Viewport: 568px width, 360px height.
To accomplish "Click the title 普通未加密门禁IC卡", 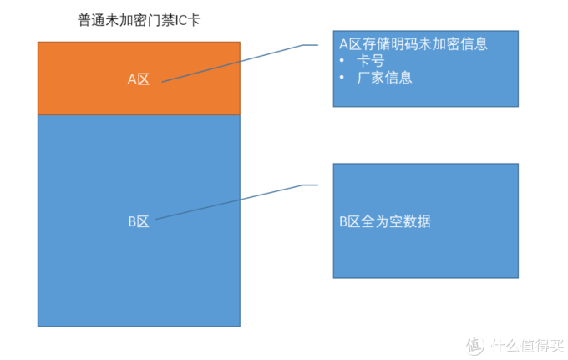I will pyautogui.click(x=133, y=20).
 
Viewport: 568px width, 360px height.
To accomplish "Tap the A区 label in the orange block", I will pyautogui.click(x=138, y=79).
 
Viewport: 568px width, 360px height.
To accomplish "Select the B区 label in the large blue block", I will pyautogui.click(x=138, y=221).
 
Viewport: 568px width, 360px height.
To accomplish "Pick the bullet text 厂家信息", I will pyautogui.click(x=384, y=78).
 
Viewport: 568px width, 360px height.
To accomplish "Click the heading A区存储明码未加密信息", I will pyautogui.click(x=413, y=43).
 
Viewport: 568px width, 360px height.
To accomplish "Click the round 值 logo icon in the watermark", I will pyautogui.click(x=475, y=344).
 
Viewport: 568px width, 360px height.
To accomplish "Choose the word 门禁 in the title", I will pyautogui.click(x=160, y=20).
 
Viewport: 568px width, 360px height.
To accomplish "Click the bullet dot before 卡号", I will pyautogui.click(x=343, y=62).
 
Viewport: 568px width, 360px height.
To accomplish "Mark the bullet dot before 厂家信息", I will pyautogui.click(x=343, y=79).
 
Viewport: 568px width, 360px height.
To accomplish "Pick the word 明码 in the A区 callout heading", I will pyautogui.click(x=403, y=43).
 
